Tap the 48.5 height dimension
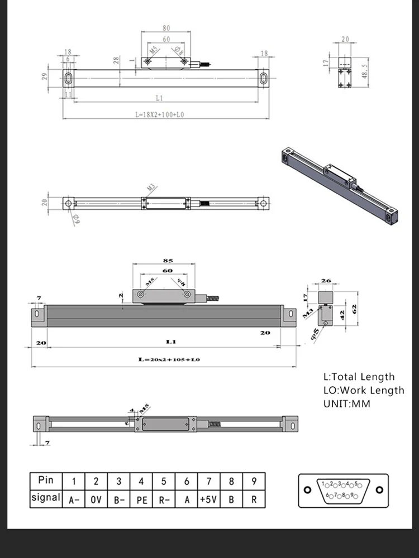tap(364, 72)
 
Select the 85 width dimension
tap(167, 260)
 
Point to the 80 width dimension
tap(166, 27)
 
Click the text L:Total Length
tap(359, 377)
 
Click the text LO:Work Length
tap(364, 390)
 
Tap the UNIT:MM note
tap(346, 403)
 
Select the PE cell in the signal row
tap(142, 499)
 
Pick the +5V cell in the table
tap(209, 499)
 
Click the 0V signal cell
tap(96, 499)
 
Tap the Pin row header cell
tap(46, 480)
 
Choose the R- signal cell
tap(164, 499)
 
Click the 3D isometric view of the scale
tap(339, 184)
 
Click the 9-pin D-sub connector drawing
tap(343, 490)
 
